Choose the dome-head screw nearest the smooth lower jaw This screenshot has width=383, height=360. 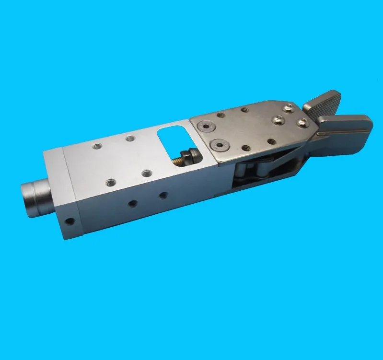pyautogui.click(x=302, y=123)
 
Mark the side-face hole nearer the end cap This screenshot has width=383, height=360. pyautogui.click(x=132, y=204)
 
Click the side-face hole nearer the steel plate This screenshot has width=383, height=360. pyautogui.click(x=163, y=195)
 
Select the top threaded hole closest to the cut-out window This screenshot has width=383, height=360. pyautogui.click(x=146, y=173)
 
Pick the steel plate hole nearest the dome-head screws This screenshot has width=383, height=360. pyautogui.click(x=271, y=141)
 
